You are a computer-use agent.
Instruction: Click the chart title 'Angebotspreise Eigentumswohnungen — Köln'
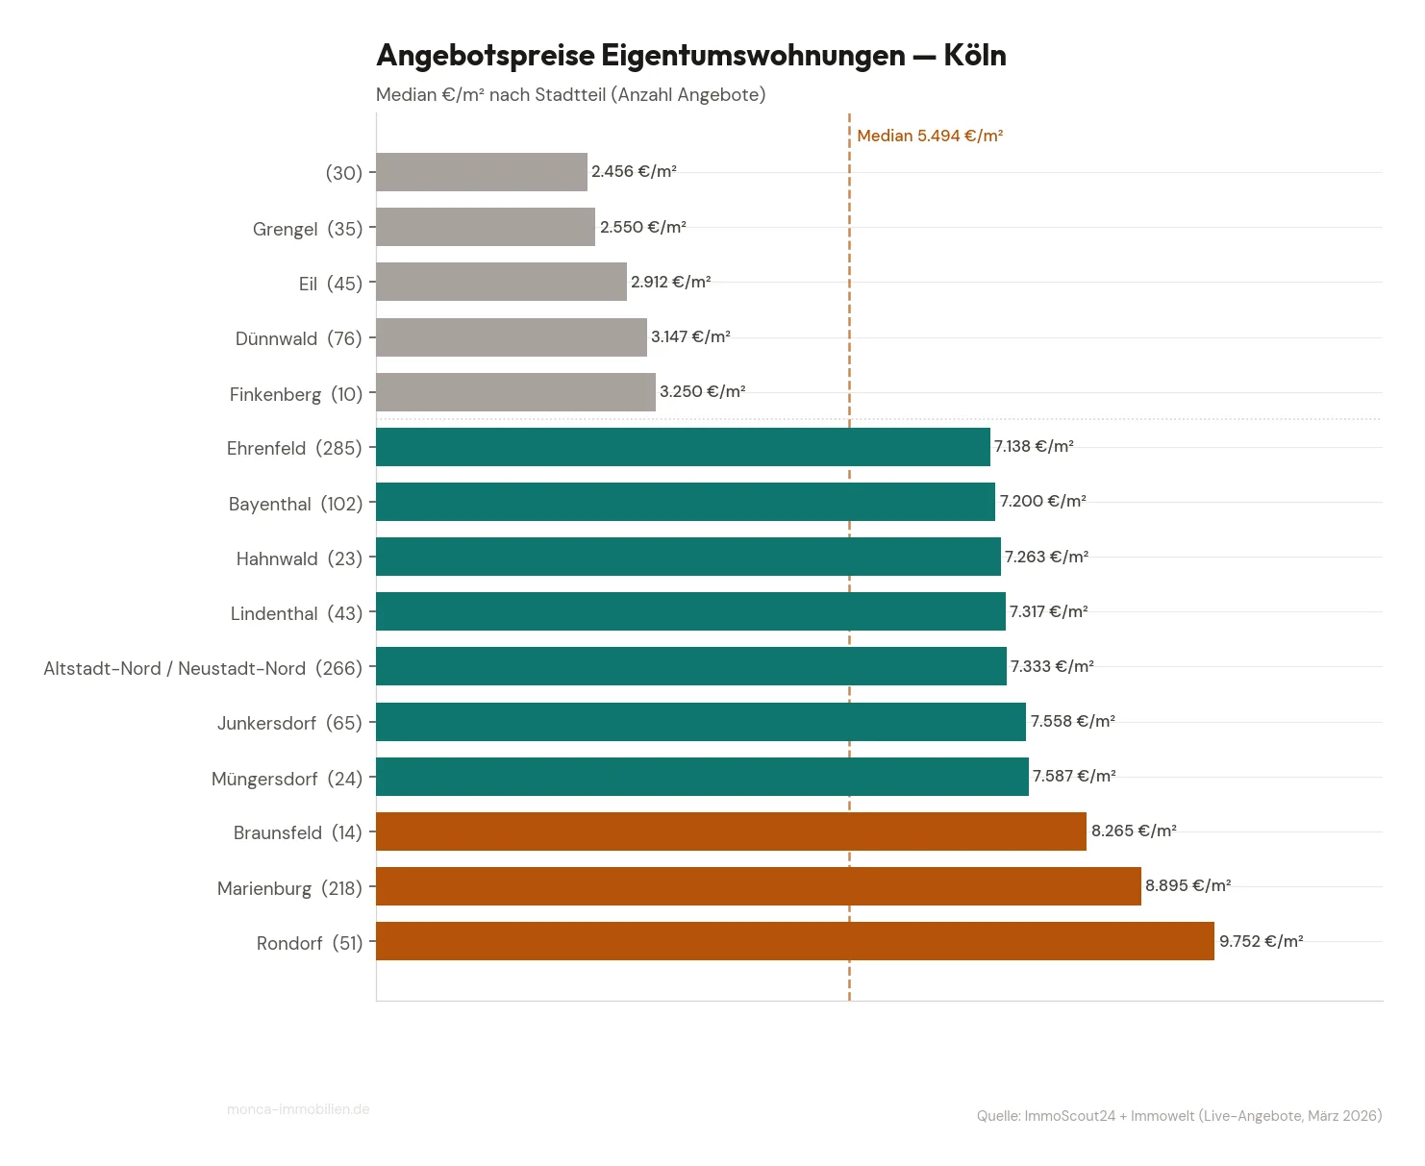coord(690,56)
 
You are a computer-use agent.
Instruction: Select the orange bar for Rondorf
coord(794,941)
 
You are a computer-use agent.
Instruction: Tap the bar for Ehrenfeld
coord(683,447)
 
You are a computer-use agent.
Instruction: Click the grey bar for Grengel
coord(485,227)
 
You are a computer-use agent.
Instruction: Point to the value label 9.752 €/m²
coord(1261,941)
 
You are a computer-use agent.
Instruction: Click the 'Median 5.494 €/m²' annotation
coord(929,136)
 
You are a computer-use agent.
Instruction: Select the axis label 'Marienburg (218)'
coord(289,888)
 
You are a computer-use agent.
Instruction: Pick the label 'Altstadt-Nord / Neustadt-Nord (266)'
coord(203,668)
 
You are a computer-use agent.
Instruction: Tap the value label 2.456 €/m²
coord(634,171)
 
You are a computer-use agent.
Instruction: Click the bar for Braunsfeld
coord(731,831)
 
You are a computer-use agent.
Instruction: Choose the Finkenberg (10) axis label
coord(296,394)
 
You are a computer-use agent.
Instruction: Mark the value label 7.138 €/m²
coord(1034,446)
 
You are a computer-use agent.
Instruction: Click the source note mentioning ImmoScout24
coord(1179,1116)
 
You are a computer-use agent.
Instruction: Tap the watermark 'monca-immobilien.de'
coord(298,1109)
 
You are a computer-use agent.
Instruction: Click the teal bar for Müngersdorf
coord(702,777)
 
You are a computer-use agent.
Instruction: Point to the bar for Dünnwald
coord(511,337)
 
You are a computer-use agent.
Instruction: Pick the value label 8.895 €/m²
coord(1187,885)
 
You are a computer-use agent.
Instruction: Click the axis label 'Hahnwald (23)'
coord(299,558)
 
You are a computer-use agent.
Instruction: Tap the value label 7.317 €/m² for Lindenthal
coord(1048,611)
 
